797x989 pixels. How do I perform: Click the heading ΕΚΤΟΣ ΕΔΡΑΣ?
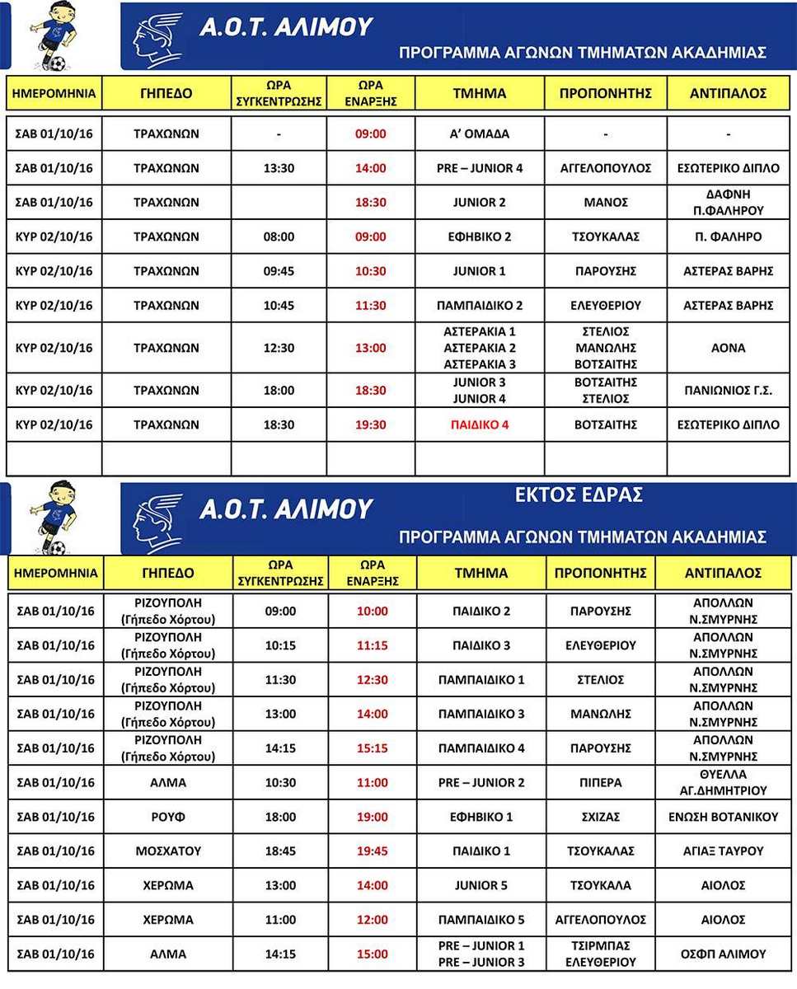(579, 495)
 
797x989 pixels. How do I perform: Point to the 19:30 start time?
(371, 425)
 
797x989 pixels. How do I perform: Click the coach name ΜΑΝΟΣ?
(605, 202)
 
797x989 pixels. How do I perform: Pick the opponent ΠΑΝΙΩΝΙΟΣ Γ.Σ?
(728, 391)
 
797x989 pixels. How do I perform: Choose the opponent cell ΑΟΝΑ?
(728, 348)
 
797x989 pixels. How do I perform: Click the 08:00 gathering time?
(279, 237)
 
